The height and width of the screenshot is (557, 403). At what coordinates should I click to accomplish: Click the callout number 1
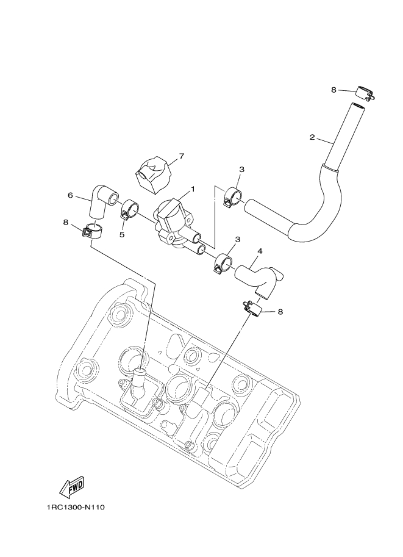tap(193, 189)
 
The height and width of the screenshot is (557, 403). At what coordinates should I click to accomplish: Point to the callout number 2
tap(312, 137)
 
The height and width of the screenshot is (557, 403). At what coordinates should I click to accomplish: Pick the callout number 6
tap(70, 195)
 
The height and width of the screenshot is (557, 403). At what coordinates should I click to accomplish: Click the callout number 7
tap(180, 157)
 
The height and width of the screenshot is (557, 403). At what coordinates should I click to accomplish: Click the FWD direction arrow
tap(71, 487)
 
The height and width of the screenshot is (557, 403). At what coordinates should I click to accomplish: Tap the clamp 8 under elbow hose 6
tap(92, 232)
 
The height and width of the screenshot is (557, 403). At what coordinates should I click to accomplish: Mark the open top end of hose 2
tap(358, 106)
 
